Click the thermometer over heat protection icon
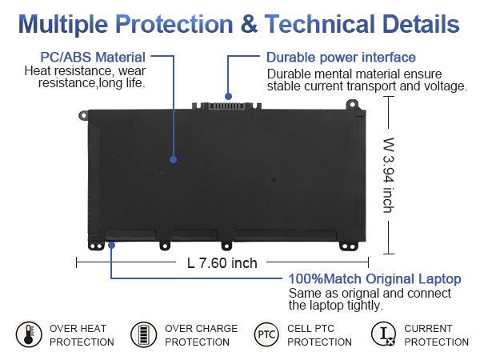[x=29, y=334]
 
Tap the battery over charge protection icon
[x=143, y=334]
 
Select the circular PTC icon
[x=266, y=334]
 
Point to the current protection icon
[x=383, y=334]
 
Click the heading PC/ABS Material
[x=93, y=58]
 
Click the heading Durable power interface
[x=341, y=58]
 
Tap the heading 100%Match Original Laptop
[x=374, y=279]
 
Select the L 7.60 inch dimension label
[x=222, y=263]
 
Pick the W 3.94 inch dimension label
[x=389, y=174]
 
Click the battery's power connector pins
[x=226, y=106]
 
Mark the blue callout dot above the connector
[x=228, y=97]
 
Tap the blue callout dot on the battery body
[x=174, y=159]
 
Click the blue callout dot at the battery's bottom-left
[x=112, y=245]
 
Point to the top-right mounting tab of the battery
[x=352, y=104]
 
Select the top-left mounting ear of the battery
[x=83, y=115]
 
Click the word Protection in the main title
[x=174, y=24]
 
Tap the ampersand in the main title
[x=249, y=24]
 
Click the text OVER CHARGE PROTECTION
[x=201, y=335]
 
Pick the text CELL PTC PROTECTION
[x=319, y=335]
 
